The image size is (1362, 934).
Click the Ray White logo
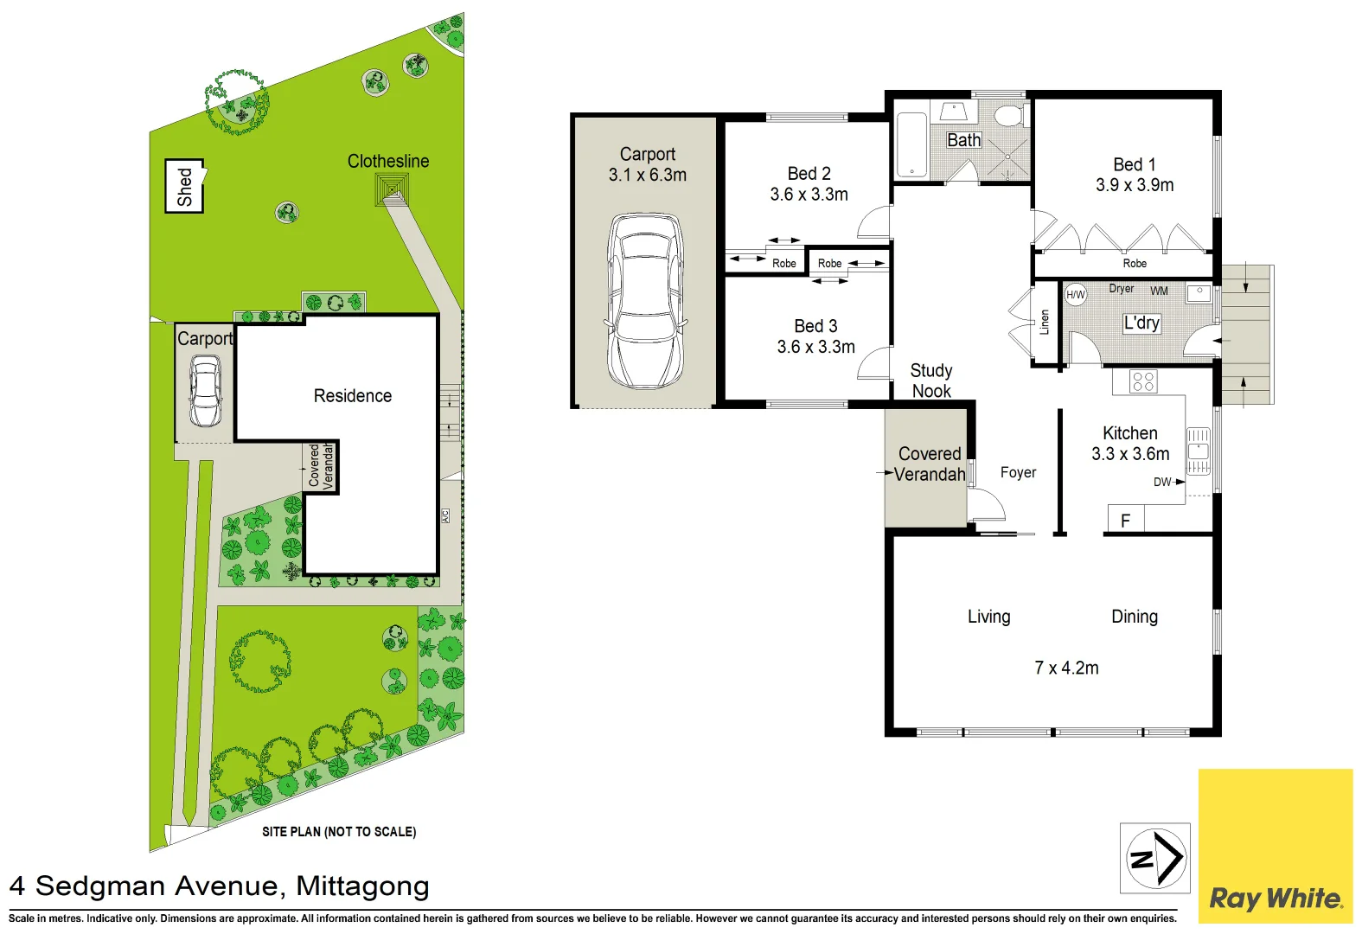[1276, 898]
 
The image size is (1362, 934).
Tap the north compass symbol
[1155, 858]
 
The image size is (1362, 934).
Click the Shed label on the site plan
[184, 186]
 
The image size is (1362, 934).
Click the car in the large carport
[646, 300]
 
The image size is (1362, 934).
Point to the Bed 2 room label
[809, 174]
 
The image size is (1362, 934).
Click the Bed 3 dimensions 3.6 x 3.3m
[815, 347]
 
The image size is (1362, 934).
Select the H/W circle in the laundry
[1075, 295]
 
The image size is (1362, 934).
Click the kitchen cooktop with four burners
[1143, 381]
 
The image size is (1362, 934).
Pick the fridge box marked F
[1125, 520]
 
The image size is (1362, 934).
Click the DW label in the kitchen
[1162, 482]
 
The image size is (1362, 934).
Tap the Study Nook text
[931, 381]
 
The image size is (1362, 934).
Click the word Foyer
[1018, 472]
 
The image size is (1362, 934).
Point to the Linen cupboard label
[1045, 322]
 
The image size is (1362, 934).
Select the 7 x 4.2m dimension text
[1066, 668]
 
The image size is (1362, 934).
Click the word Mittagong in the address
[362, 886]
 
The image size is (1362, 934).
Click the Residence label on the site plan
[352, 396]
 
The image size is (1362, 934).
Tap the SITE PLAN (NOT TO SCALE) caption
[339, 832]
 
